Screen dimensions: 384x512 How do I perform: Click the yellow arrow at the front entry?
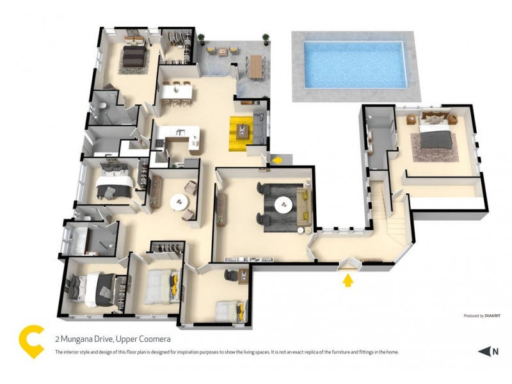(348, 280)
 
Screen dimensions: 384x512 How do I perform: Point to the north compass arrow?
(483, 351)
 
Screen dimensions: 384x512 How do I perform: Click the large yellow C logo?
(31, 342)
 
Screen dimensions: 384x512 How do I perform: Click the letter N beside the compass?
(495, 351)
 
